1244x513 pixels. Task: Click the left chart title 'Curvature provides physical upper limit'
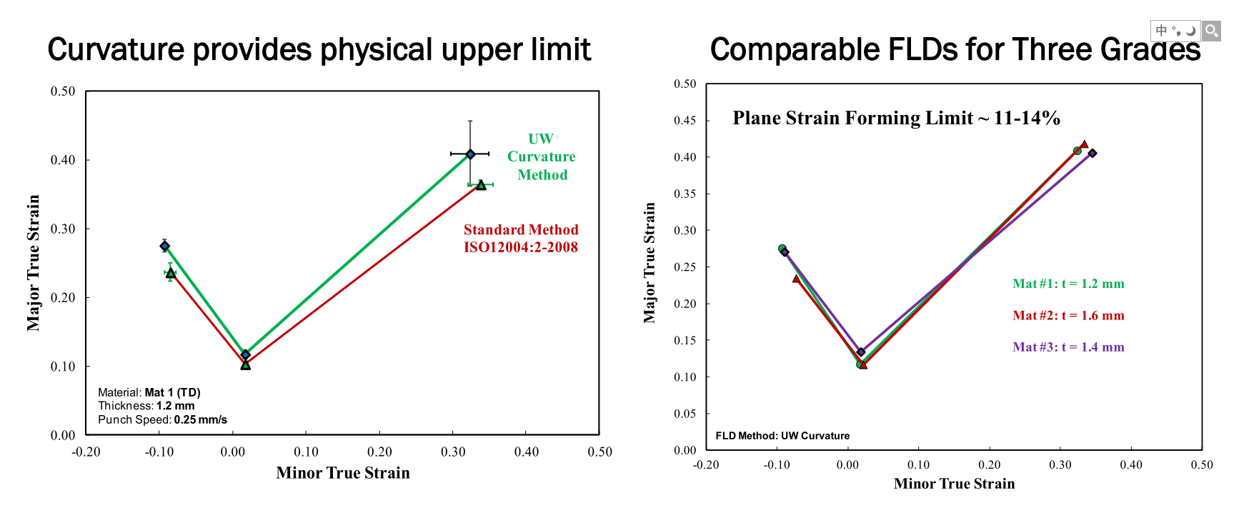click(319, 50)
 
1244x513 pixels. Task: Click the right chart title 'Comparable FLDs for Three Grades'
click(955, 50)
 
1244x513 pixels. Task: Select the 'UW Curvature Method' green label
click(541, 156)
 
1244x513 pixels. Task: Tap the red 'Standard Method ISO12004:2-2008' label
click(520, 239)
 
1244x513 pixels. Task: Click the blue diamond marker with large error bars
click(470, 154)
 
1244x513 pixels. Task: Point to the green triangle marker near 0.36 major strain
click(481, 185)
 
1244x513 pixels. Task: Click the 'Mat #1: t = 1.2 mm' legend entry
click(1068, 284)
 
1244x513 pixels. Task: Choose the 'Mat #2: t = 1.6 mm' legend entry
click(1068, 315)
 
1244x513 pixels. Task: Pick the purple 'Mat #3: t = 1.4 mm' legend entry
click(1068, 347)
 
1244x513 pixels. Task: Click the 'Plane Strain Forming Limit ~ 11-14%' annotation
click(896, 118)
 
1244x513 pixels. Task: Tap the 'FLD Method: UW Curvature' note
click(782, 436)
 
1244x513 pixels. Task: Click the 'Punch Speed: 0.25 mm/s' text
click(162, 419)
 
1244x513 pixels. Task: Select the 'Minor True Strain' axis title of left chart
click(343, 473)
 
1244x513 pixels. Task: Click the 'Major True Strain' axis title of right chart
click(650, 262)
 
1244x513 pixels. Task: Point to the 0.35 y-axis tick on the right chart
click(685, 194)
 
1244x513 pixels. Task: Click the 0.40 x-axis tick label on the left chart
click(527, 452)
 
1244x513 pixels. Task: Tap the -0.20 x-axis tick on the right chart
click(706, 465)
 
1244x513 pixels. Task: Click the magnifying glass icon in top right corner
click(1211, 31)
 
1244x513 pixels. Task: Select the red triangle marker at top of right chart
click(1084, 145)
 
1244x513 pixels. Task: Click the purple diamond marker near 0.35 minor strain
click(1093, 153)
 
